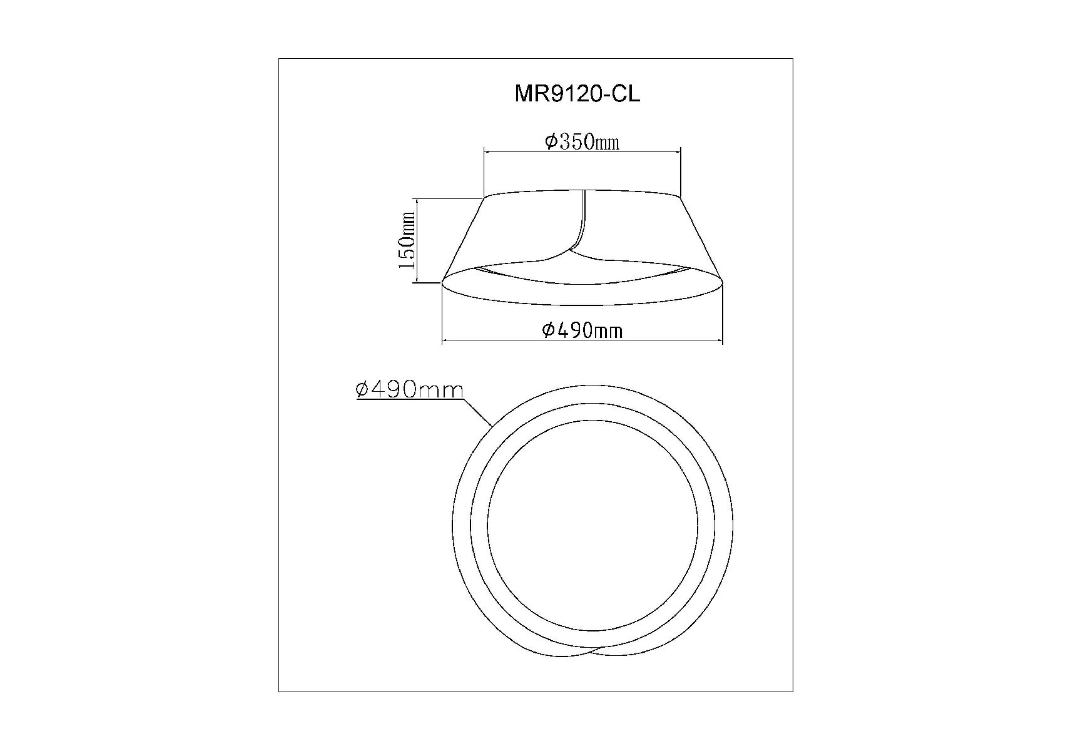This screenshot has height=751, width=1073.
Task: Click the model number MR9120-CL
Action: click(577, 94)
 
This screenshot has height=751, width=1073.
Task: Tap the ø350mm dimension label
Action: click(582, 142)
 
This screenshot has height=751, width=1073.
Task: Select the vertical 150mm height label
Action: click(407, 241)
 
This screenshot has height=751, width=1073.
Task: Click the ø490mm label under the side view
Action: click(582, 330)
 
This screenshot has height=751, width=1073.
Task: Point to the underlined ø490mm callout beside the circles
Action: click(410, 390)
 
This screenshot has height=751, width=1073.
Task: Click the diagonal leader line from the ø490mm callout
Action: click(478, 412)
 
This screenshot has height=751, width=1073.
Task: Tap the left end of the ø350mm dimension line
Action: click(484, 151)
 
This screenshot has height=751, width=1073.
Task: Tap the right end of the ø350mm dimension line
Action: click(680, 151)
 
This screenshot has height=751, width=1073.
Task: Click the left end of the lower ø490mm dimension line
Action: click(442, 341)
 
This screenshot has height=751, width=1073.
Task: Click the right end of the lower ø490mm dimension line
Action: click(722, 341)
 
